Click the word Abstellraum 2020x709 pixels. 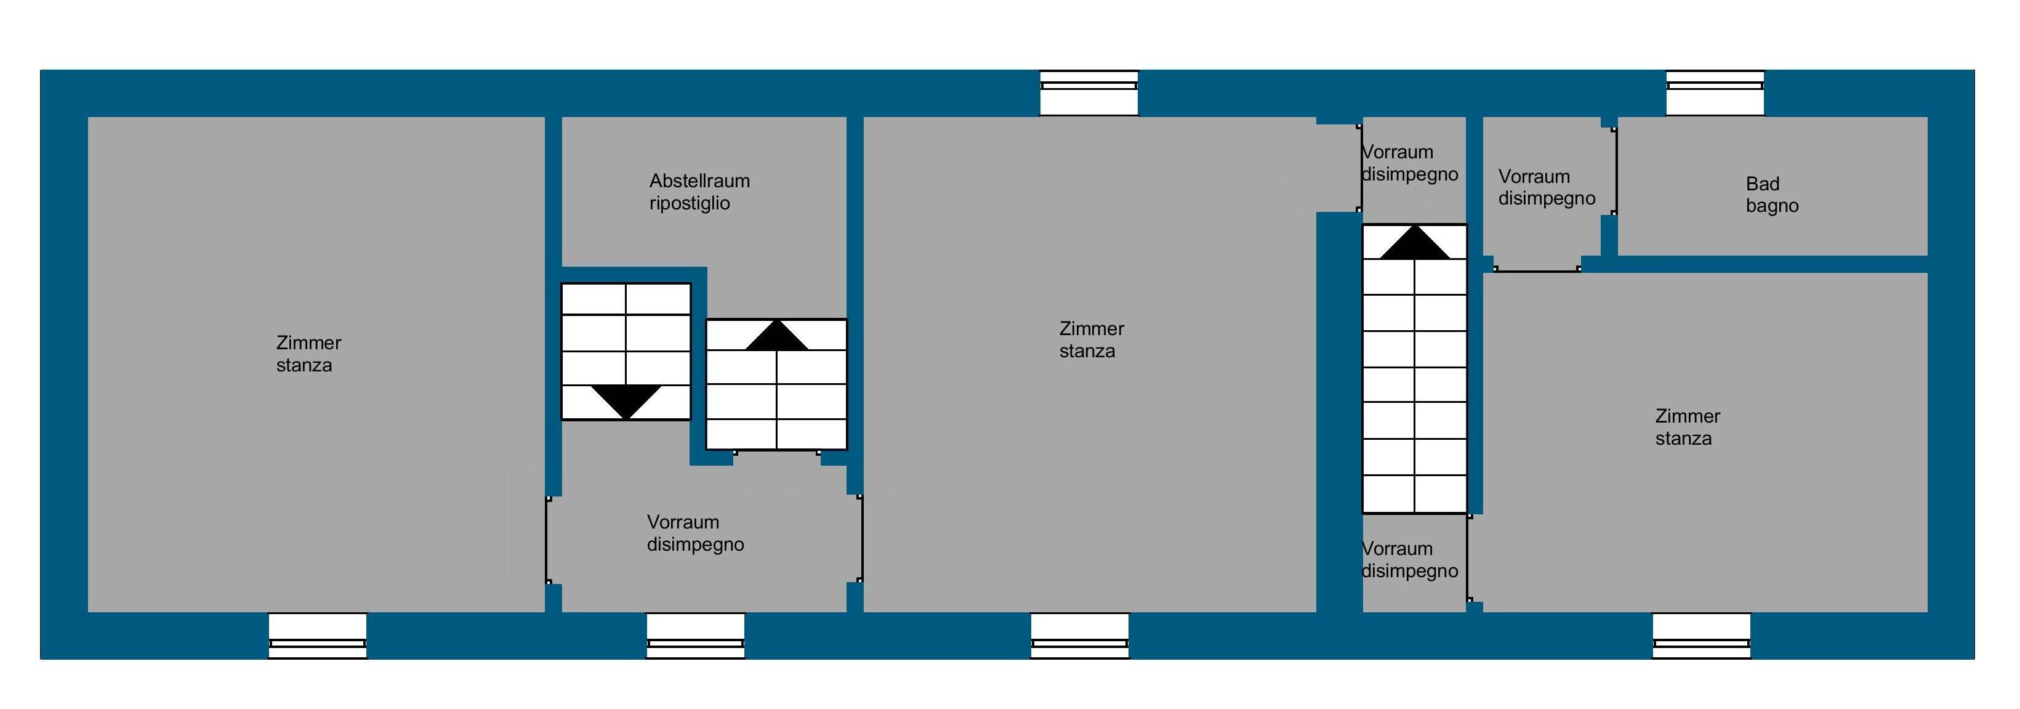point(699,181)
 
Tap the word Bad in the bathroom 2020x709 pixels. point(1762,184)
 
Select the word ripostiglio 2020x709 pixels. point(690,204)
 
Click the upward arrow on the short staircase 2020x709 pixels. point(776,336)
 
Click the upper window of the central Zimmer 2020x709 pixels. point(1088,92)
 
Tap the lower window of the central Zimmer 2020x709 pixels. point(1080,635)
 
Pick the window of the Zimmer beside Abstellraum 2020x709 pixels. point(318,635)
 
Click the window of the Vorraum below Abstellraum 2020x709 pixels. point(696,635)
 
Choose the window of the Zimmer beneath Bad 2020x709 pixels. point(1702,635)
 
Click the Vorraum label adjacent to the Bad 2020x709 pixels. point(1534,177)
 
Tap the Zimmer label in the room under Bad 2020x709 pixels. point(1688,416)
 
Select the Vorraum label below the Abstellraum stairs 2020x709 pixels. point(683,522)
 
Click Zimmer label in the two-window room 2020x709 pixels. point(1092,330)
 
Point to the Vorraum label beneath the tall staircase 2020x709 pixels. point(1398,549)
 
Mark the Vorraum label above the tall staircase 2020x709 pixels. point(1398,152)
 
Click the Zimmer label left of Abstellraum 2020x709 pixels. point(308,344)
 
